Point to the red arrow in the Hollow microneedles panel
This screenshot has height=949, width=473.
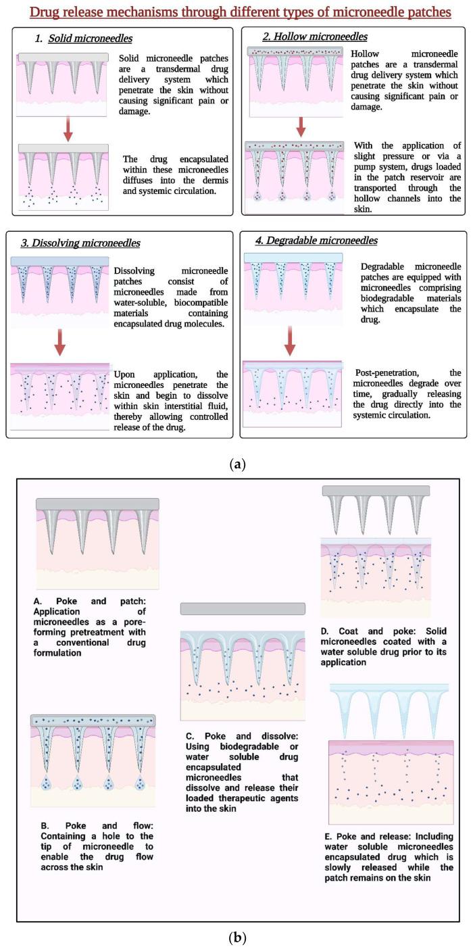pos(301,126)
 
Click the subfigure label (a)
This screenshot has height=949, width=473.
pos(236,464)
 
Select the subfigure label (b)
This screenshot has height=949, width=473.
pos(236,937)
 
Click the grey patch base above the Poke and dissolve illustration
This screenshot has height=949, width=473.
pos(243,608)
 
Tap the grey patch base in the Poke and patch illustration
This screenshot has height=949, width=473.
pos(97,504)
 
